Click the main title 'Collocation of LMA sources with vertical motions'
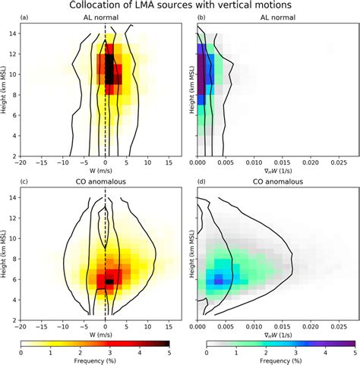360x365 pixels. point(180,7)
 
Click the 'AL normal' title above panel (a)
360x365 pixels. point(105,18)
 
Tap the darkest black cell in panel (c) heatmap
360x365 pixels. point(109,281)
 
